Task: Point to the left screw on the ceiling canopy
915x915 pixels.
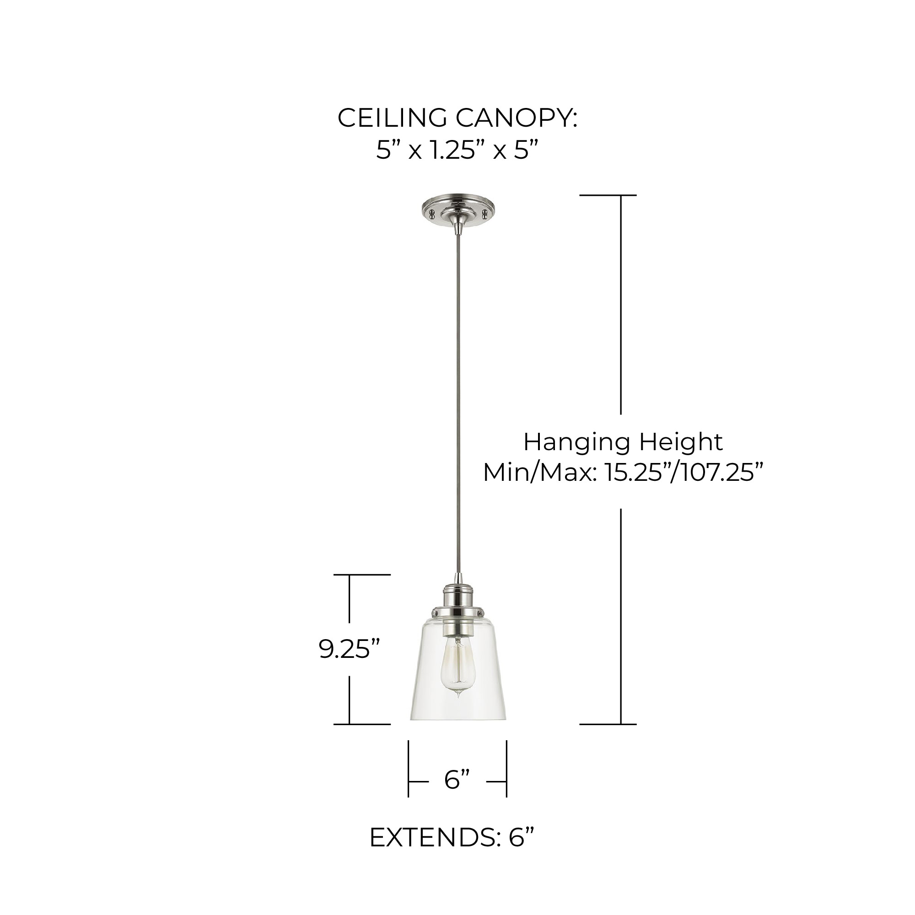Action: click(431, 214)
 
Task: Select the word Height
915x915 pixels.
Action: click(681, 442)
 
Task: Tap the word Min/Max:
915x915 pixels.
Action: click(539, 473)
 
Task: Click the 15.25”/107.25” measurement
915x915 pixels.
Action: click(684, 473)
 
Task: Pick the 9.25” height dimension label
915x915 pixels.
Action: click(350, 650)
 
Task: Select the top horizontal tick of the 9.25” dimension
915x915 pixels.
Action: click(362, 575)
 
